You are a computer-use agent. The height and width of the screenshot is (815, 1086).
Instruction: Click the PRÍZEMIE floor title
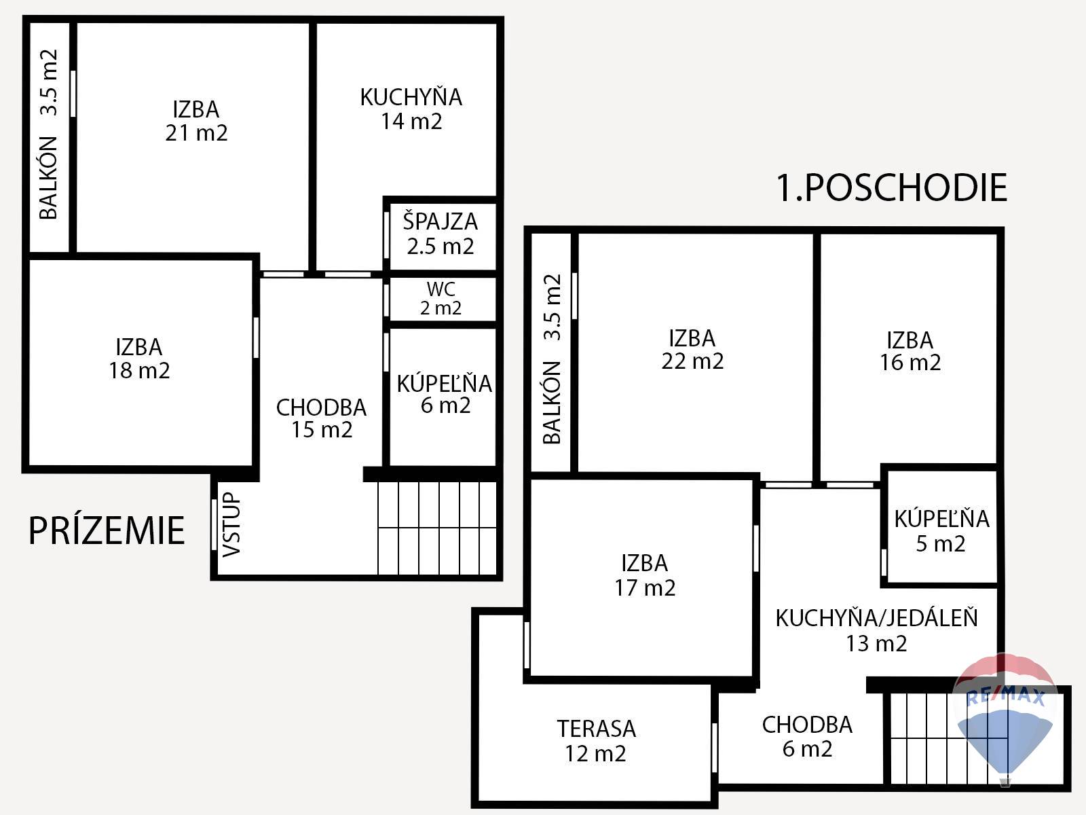107,530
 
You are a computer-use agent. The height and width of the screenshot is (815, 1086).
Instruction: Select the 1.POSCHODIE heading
892,188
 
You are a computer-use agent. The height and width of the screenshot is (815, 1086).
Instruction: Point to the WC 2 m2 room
441,298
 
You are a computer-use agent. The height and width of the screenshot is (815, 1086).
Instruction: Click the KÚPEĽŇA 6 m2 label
445,395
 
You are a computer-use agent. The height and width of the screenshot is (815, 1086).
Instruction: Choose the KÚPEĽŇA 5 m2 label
941,531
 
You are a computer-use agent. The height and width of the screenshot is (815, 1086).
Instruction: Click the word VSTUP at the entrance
231,524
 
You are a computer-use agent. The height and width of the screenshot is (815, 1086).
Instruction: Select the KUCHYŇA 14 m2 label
411,109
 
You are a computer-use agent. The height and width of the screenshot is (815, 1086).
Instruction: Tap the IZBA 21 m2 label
196,121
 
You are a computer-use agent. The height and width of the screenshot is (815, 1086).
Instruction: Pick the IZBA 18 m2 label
139,359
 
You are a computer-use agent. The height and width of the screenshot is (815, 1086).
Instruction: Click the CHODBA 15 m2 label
322,418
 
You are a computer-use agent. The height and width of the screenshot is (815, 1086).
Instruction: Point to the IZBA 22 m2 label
693,350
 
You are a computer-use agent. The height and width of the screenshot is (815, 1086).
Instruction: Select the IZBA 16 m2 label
910,351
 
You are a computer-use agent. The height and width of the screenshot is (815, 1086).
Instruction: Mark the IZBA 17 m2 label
645,575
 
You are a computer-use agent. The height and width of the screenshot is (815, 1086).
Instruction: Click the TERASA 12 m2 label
596,741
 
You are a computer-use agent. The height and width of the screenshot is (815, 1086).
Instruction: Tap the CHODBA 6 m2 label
808,737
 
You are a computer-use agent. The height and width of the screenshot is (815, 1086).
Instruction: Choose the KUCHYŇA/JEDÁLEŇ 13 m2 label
877,631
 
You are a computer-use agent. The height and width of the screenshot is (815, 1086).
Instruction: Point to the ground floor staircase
437,528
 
